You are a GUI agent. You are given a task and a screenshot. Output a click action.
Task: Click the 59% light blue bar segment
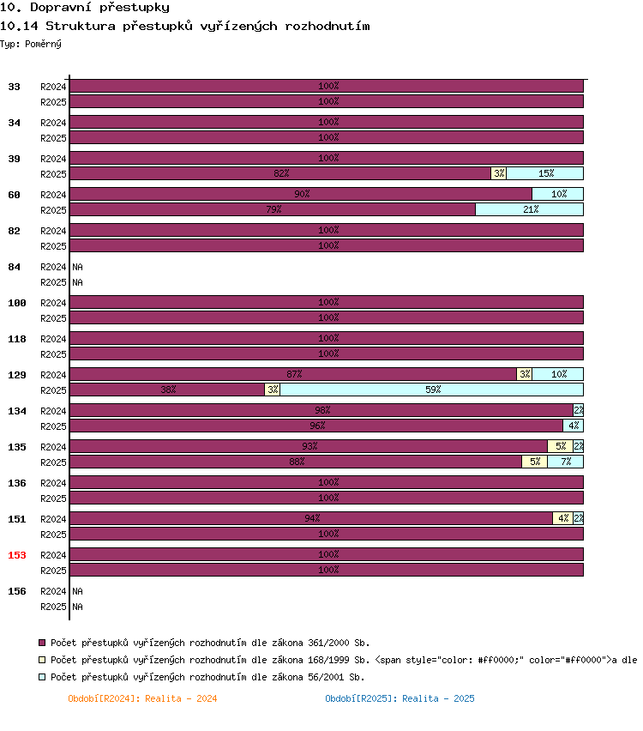click(431, 390)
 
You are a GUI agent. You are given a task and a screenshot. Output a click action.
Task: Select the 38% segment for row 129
click(167, 390)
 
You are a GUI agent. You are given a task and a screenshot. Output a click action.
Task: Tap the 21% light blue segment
click(529, 209)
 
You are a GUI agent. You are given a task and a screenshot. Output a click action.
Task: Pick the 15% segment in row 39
click(544, 173)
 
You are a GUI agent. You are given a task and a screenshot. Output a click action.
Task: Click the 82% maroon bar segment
click(280, 173)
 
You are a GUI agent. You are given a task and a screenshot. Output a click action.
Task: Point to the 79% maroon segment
click(273, 209)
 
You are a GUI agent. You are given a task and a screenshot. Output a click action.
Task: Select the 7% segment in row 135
click(565, 462)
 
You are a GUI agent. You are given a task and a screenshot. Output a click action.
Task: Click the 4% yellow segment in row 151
click(563, 518)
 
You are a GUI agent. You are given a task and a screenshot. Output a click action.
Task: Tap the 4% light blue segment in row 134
click(573, 426)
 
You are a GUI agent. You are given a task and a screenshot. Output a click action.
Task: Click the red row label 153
click(17, 555)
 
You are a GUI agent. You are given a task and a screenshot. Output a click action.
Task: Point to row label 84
click(14, 267)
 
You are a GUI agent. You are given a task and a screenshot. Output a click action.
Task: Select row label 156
click(17, 590)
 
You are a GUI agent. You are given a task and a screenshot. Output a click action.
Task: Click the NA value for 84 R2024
click(77, 267)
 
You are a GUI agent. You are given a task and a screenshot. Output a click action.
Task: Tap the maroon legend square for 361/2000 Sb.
click(42, 643)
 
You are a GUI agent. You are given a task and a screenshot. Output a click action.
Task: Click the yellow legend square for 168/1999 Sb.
click(42, 660)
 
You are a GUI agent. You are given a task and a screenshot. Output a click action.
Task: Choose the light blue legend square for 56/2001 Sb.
click(42, 676)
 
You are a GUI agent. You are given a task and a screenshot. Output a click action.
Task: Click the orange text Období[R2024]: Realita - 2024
click(142, 698)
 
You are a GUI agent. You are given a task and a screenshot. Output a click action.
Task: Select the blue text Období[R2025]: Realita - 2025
click(400, 698)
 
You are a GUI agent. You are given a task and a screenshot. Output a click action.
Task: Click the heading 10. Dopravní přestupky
click(85, 7)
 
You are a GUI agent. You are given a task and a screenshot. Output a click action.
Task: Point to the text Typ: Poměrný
click(31, 44)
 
